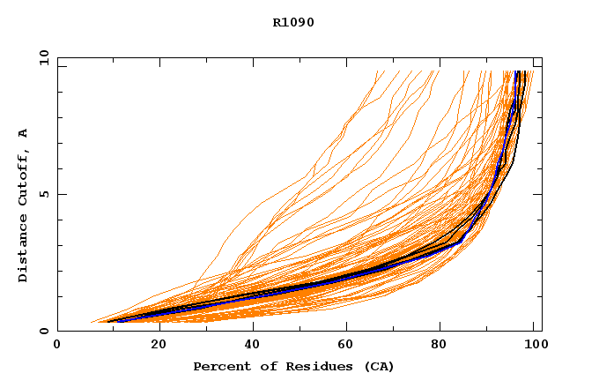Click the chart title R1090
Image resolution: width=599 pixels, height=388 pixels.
click(x=293, y=23)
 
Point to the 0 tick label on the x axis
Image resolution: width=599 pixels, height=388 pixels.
click(x=57, y=347)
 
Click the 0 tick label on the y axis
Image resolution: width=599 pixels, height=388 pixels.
click(x=45, y=331)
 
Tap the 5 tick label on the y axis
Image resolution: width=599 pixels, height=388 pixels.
click(x=45, y=194)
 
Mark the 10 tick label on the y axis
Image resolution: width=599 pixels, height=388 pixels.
click(x=45, y=57)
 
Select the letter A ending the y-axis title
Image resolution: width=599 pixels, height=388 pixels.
click(x=24, y=133)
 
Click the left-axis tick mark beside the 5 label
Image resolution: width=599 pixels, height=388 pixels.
click(x=61, y=194)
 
